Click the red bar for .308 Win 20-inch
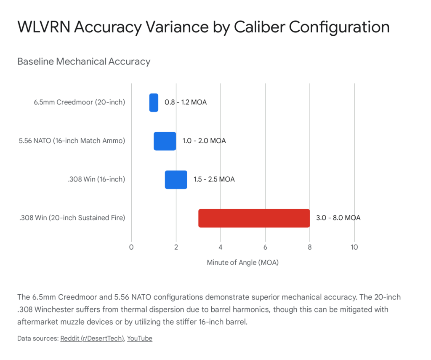254,218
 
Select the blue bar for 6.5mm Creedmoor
154,102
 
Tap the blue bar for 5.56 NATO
165,141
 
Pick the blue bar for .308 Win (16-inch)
176,179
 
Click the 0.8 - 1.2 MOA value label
186,102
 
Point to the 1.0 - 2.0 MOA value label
204,141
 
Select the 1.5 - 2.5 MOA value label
214,179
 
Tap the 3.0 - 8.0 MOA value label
338,218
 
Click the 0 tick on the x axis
131,247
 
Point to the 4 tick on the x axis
221,247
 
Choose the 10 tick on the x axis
354,247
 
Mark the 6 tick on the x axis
265,247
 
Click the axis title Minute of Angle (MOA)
243,262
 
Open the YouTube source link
140,339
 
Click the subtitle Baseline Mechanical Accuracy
84,61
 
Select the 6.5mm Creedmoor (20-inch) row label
80,102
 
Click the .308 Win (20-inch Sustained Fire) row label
72,218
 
